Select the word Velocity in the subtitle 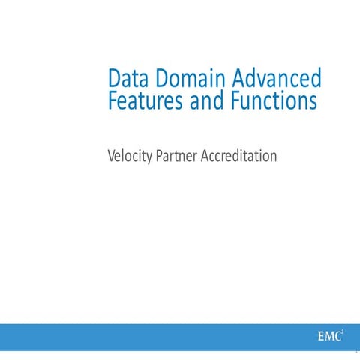tap(129, 157)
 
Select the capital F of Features tap(113, 100)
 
